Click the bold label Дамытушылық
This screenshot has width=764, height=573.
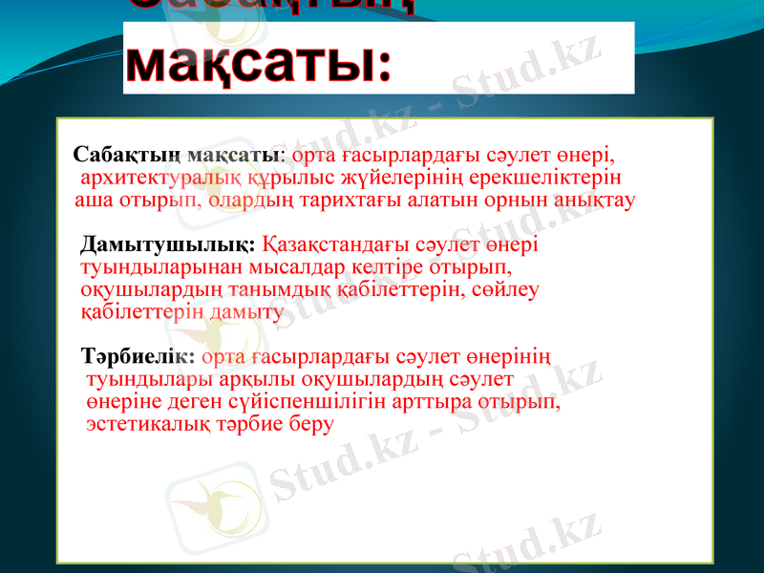[168, 244]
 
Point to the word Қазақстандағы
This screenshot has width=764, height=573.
[332, 244]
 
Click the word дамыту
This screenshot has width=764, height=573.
[244, 311]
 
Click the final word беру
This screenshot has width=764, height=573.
[311, 424]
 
